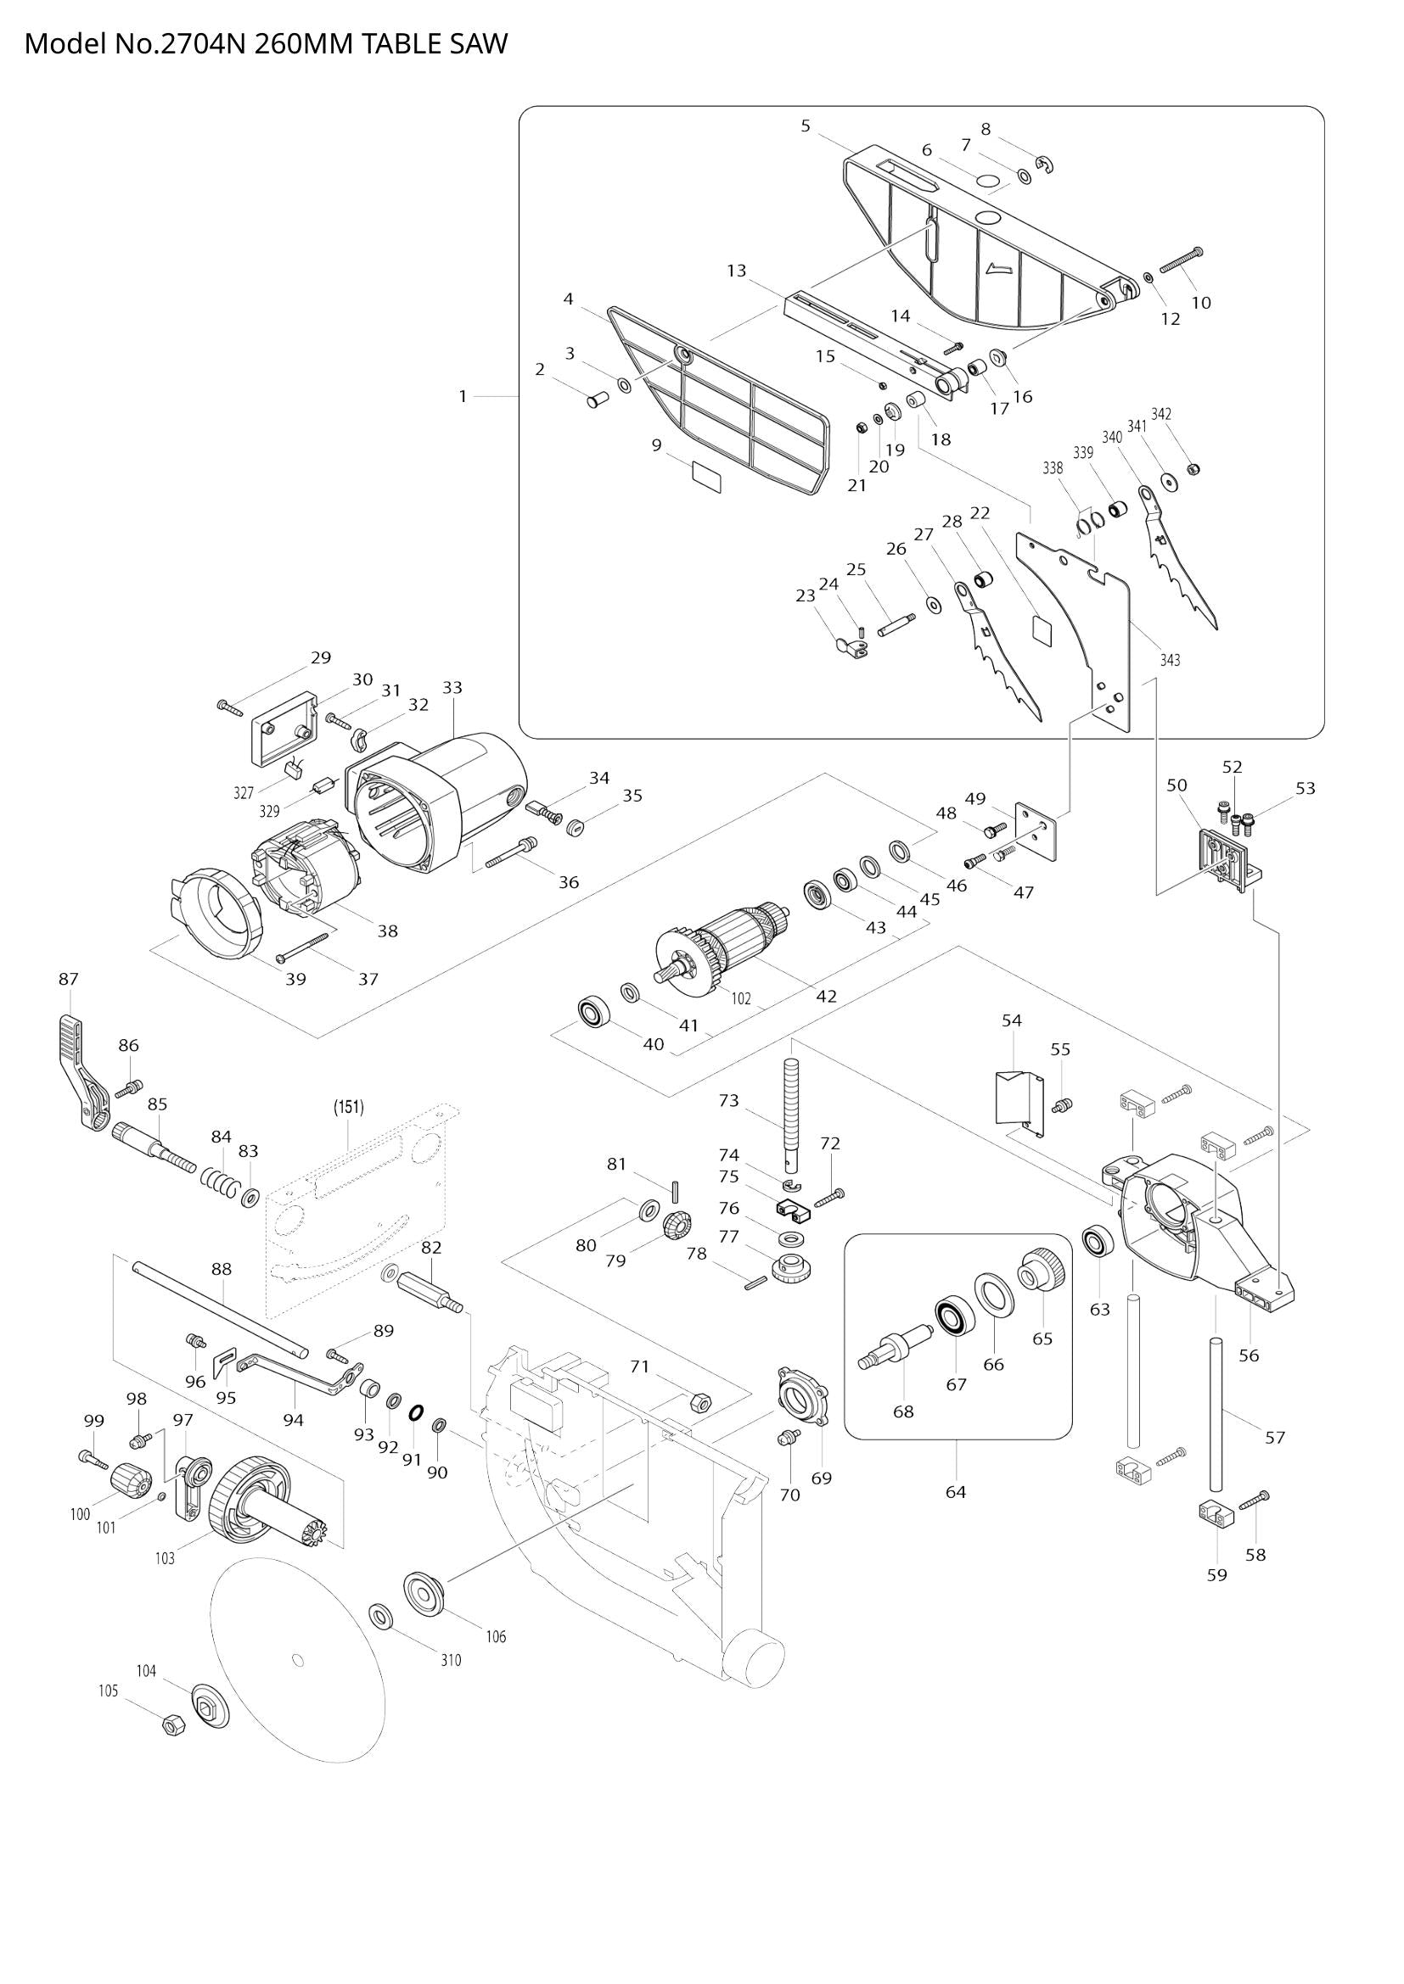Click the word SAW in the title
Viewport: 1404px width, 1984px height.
pos(479,43)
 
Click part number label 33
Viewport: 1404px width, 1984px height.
pos(452,688)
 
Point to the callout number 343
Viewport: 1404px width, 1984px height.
pos(1170,660)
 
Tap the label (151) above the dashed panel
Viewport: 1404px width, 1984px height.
pos(349,1107)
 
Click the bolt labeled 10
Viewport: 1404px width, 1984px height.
pos(1181,260)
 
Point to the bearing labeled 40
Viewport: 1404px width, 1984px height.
pos(594,1011)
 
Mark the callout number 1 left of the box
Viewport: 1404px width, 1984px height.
pos(463,397)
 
